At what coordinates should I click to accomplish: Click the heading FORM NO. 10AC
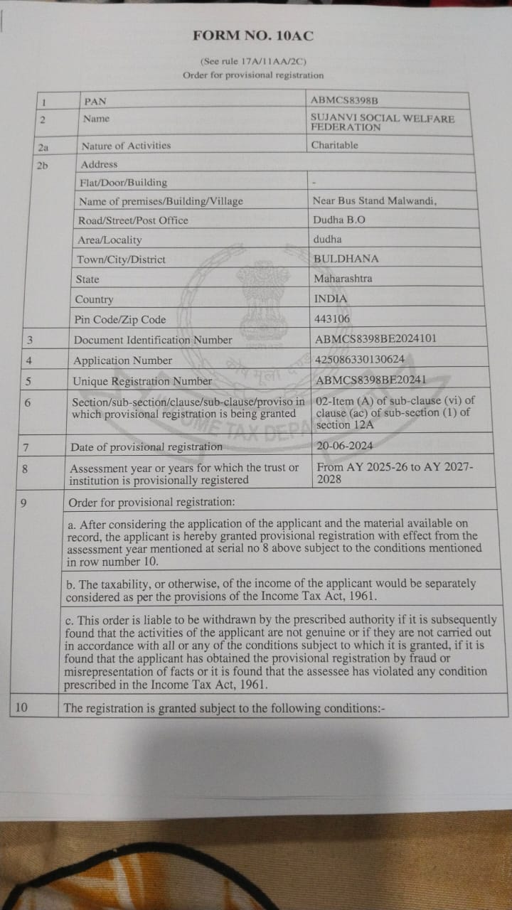point(252,36)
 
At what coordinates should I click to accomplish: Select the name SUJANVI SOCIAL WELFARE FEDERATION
point(382,122)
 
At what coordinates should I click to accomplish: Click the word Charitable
point(334,145)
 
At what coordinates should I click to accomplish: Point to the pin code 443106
point(331,319)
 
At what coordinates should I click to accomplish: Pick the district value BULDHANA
point(346,258)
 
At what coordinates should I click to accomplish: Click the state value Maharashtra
point(343,279)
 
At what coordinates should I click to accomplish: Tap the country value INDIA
point(331,299)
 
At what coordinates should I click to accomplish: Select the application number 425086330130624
point(359,360)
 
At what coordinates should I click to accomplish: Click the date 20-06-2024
point(345,446)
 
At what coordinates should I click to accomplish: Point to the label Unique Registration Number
point(143,381)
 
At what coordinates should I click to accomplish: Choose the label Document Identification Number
point(153,340)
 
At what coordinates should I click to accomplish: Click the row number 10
point(21,707)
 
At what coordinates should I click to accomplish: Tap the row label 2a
point(43,146)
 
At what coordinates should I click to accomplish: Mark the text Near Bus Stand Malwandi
point(375,200)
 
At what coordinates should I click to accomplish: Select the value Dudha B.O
point(339,220)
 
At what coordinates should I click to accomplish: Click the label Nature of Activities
point(126,146)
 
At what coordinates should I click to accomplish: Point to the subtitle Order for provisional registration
point(252,75)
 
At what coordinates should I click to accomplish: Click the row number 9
point(24,503)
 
